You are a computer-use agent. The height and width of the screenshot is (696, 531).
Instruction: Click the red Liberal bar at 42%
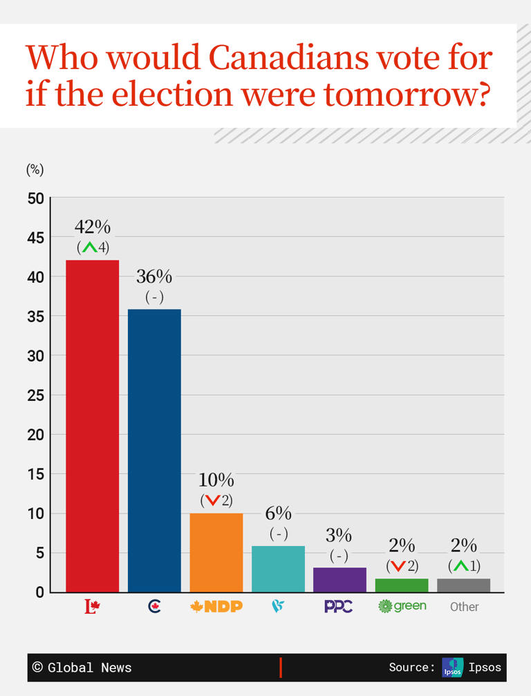coord(92,425)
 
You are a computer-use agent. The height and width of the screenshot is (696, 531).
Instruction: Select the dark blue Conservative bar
coord(154,450)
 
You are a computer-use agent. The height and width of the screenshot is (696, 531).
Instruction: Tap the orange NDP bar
coord(216,552)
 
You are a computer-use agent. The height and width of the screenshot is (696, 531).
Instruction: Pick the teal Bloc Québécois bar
coord(278,569)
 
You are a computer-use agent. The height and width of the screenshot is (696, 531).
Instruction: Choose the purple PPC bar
coord(339,580)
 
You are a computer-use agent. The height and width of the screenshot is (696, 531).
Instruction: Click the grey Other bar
coord(463,585)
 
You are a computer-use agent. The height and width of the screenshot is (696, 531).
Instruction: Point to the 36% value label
coord(154,276)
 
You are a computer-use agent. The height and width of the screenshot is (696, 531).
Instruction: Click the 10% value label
coord(216,480)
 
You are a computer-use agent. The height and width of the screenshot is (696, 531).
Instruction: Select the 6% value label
coord(278,514)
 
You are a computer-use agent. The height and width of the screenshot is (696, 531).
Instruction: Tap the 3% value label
coord(339,536)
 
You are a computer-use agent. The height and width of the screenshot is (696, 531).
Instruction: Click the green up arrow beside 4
coord(88,247)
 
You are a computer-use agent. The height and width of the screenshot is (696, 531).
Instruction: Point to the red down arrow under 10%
coord(212,500)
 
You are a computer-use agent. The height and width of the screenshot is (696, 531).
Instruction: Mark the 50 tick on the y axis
coord(36,199)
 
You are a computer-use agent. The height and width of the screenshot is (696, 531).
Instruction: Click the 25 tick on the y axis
coord(36,395)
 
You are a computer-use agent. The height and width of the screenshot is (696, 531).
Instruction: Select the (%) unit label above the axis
coord(35,169)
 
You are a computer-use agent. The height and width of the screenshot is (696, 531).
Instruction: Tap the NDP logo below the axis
coord(216,606)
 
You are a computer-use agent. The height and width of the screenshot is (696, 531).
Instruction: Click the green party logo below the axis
coord(402,606)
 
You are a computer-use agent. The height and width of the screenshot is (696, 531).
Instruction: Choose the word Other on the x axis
coord(464,607)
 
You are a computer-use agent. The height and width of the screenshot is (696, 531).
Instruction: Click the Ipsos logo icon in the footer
coord(452,667)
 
